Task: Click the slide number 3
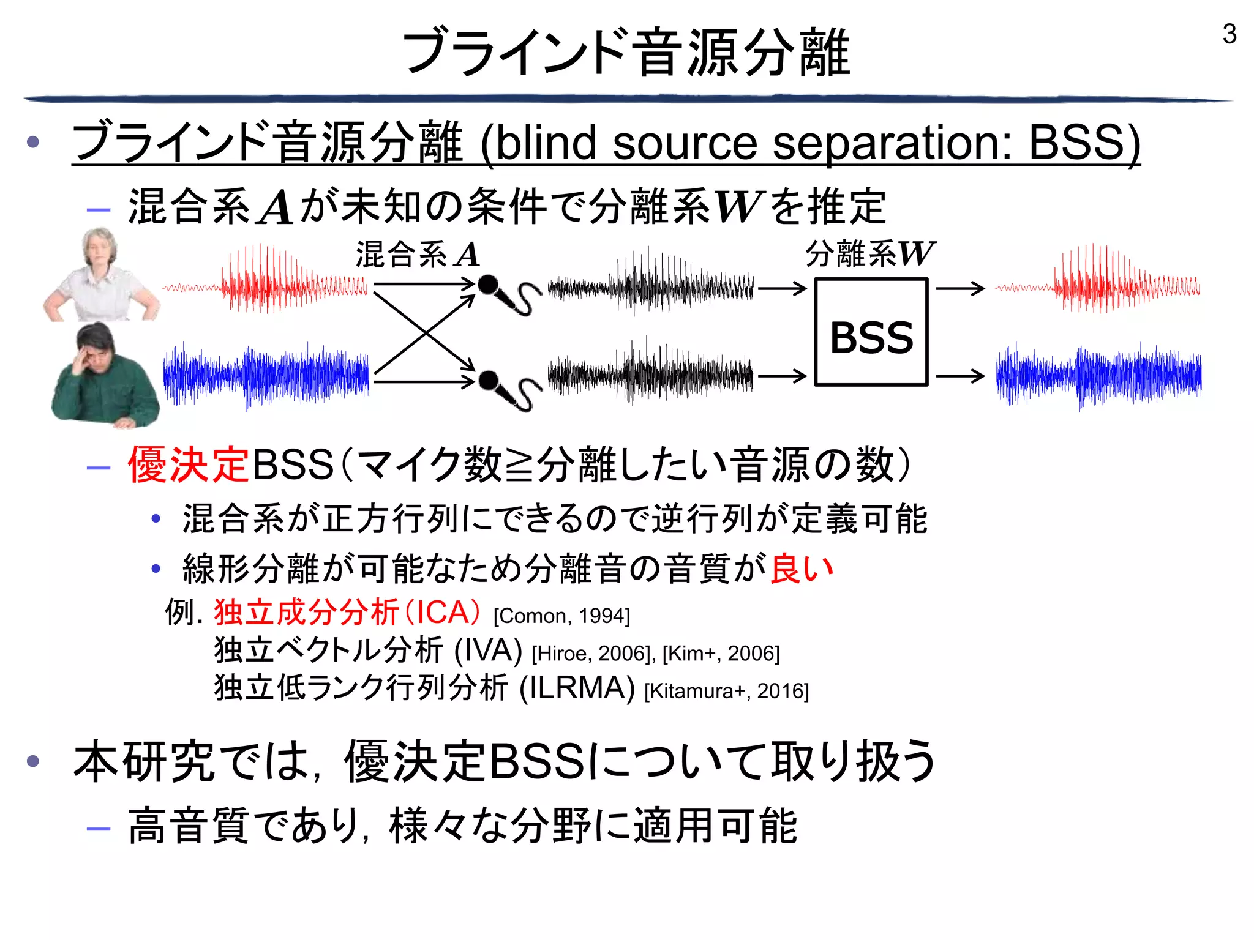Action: pos(1229,34)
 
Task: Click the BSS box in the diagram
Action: pos(871,332)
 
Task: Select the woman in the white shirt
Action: pos(100,275)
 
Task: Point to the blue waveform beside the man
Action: pos(266,375)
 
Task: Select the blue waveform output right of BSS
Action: pos(1098,375)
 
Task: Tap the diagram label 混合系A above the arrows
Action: pos(418,255)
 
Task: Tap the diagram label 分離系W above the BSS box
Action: pos(869,253)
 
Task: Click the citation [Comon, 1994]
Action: pos(561,616)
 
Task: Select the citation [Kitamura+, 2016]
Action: pos(726,691)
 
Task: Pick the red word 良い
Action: pos(802,569)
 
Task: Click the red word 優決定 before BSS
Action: pos(188,464)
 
